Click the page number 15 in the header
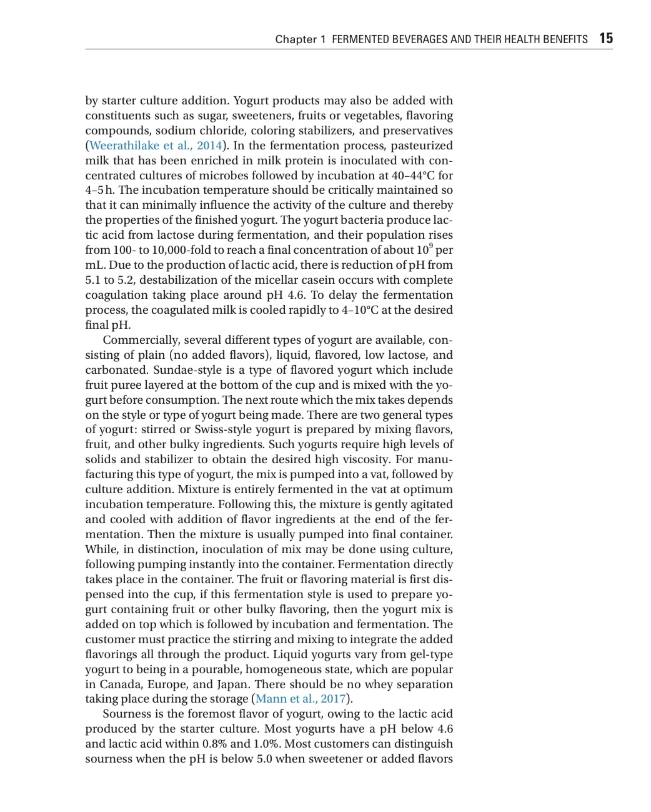pyautogui.click(x=606, y=39)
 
